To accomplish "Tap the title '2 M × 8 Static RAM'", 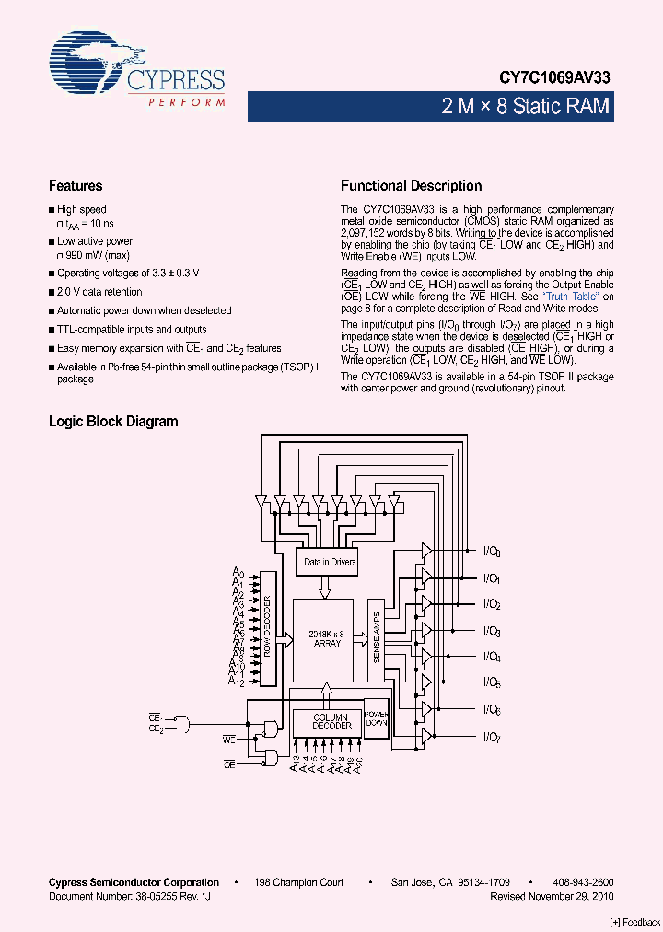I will pyautogui.click(x=526, y=107).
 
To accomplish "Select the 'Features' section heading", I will pyautogui.click(x=76, y=186).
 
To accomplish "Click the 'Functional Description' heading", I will pyautogui.click(x=411, y=186).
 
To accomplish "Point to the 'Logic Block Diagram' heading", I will pyautogui.click(x=113, y=422).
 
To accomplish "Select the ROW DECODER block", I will pyautogui.click(x=268, y=627).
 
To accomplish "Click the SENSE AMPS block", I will pyautogui.click(x=375, y=640).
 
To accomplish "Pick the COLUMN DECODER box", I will pyautogui.click(x=331, y=721).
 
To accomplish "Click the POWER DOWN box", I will pyautogui.click(x=376, y=718).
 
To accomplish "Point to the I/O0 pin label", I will pyautogui.click(x=492, y=553).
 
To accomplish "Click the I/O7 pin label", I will pyautogui.click(x=492, y=737).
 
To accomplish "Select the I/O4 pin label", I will pyautogui.click(x=492, y=658).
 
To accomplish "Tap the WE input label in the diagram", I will pyautogui.click(x=229, y=739).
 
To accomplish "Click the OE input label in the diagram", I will pyautogui.click(x=229, y=764).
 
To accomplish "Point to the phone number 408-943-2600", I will pyautogui.click(x=585, y=882).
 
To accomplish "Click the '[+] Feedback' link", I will pyautogui.click(x=635, y=922).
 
